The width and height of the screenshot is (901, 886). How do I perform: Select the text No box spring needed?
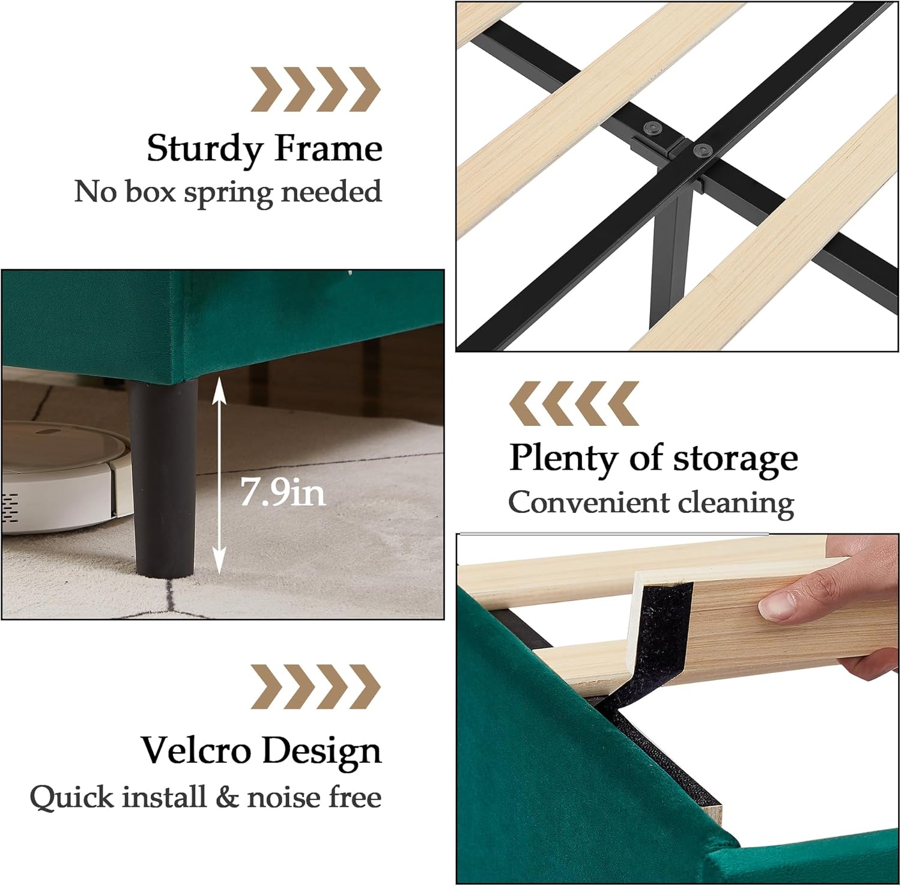tap(228, 192)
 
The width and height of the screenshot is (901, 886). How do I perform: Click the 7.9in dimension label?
tap(283, 492)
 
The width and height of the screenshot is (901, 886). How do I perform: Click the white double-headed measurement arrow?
tap(219, 475)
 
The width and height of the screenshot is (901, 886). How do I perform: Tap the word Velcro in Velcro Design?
tap(196, 750)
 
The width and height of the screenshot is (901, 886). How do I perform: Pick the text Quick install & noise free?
tap(205, 798)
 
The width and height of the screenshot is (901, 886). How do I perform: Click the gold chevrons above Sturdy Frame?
tap(315, 90)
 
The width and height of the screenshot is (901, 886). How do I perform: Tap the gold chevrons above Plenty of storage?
tap(574, 403)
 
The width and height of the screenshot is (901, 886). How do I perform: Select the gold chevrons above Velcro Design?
tap(315, 687)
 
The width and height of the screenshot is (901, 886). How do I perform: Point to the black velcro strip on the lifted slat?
tap(661, 637)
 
